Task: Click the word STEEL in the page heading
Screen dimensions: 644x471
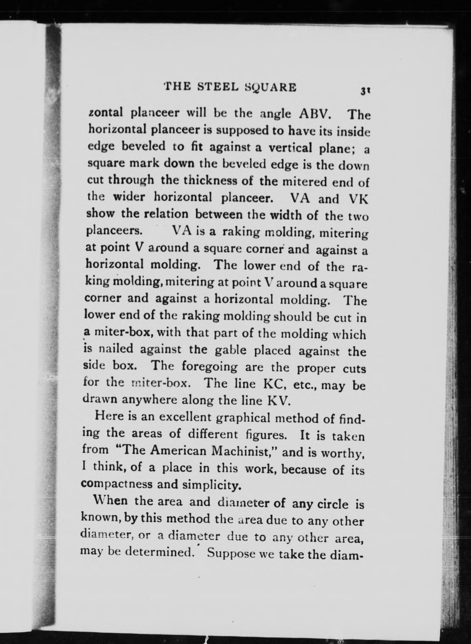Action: pos(217,87)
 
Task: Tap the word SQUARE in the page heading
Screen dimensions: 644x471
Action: pos(271,88)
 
